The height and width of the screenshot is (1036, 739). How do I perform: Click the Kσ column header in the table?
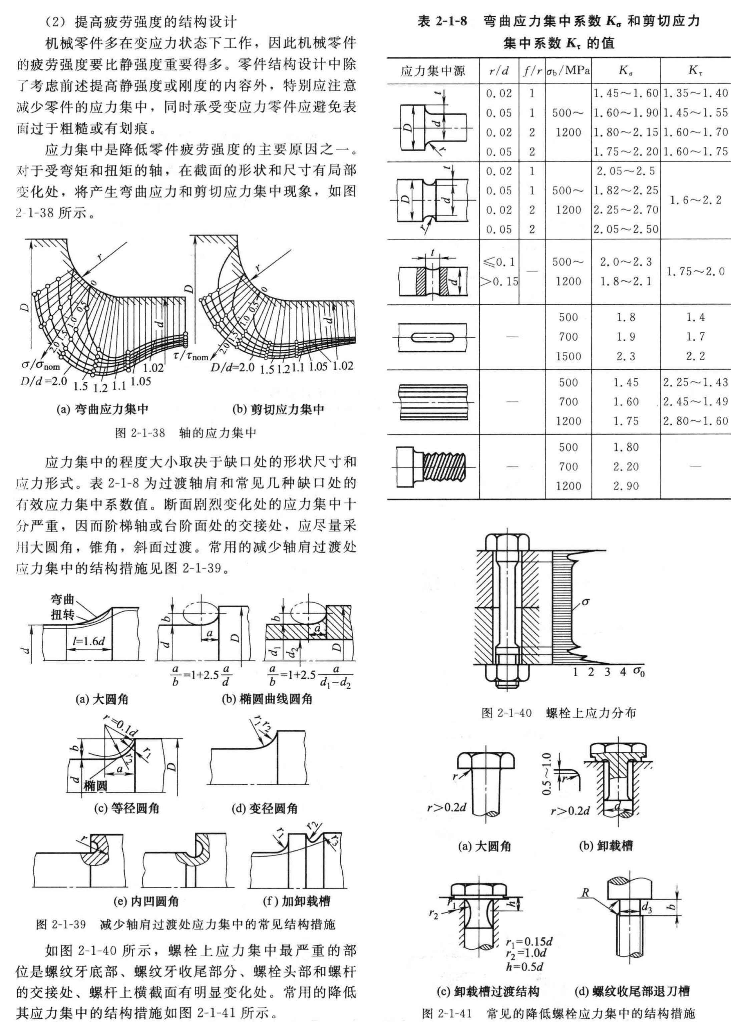point(626,70)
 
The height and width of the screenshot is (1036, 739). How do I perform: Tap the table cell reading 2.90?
point(626,486)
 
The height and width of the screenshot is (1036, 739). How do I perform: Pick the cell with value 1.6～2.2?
point(695,200)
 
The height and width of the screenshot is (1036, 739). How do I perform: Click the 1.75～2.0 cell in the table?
point(695,272)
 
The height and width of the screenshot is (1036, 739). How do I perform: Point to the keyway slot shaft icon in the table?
point(433,337)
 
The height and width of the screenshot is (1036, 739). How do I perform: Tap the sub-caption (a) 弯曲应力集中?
point(102,409)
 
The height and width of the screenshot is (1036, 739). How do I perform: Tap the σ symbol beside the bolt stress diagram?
point(586,602)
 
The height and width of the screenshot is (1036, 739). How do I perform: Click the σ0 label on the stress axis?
point(639,672)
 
